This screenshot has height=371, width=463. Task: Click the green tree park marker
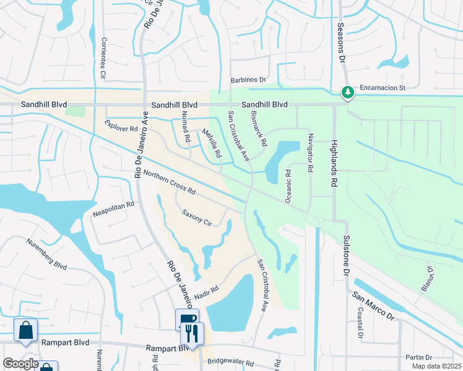click(x=348, y=92)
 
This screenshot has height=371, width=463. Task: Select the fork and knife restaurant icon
click(x=192, y=334)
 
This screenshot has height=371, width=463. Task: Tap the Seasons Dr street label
click(x=340, y=43)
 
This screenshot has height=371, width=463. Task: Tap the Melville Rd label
click(x=212, y=143)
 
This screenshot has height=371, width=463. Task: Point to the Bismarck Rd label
click(x=259, y=129)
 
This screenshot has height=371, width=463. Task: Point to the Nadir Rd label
click(x=207, y=291)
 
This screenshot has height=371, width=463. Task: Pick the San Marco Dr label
click(x=373, y=305)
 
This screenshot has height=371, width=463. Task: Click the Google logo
click(x=20, y=364)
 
